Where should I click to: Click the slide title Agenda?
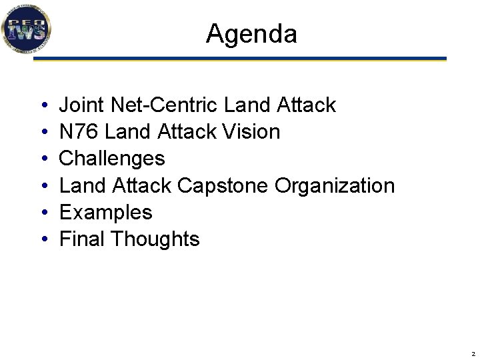[251, 33]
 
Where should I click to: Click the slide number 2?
[473, 353]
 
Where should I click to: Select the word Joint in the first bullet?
[83, 105]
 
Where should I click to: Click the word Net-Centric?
[165, 105]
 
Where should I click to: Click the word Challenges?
[112, 159]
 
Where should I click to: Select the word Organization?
[335, 185]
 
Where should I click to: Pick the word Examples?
[106, 213]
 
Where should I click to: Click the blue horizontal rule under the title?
[240, 59]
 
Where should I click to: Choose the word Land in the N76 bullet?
[128, 132]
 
